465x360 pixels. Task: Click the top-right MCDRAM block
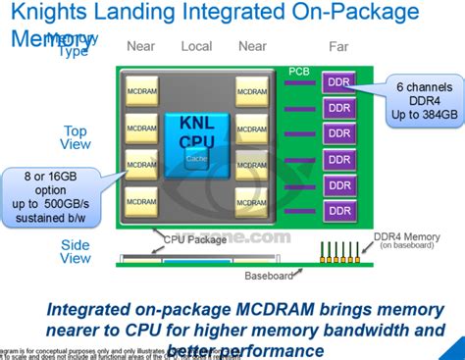250,92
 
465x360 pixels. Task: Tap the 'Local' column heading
197,46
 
